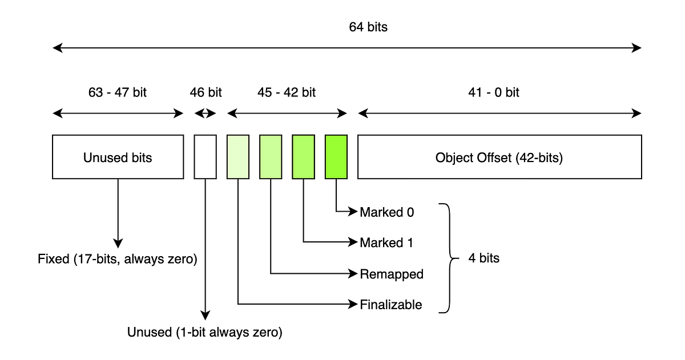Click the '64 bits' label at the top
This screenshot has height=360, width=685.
[x=368, y=27]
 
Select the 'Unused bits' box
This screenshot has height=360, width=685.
[x=118, y=157]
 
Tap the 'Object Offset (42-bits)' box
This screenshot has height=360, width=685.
[x=499, y=157]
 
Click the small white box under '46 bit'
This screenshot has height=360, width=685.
[x=205, y=157]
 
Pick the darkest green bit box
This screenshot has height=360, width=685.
[x=336, y=157]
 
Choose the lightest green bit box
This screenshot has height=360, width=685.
[x=238, y=157]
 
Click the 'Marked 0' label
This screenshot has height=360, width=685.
[x=386, y=212]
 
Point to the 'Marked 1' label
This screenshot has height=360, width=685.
[x=386, y=243]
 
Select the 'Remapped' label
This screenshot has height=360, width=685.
[x=392, y=274]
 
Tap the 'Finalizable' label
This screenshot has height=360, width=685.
[x=391, y=305]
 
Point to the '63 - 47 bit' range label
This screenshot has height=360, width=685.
[x=118, y=92]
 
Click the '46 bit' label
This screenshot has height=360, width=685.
[x=205, y=92]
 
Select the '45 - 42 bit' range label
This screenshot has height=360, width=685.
[x=287, y=92]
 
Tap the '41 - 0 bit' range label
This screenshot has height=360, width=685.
[x=494, y=92]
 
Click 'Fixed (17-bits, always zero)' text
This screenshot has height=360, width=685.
[x=118, y=260]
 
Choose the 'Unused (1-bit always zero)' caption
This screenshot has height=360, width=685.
[x=205, y=332]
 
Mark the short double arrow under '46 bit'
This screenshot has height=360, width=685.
[x=205, y=114]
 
